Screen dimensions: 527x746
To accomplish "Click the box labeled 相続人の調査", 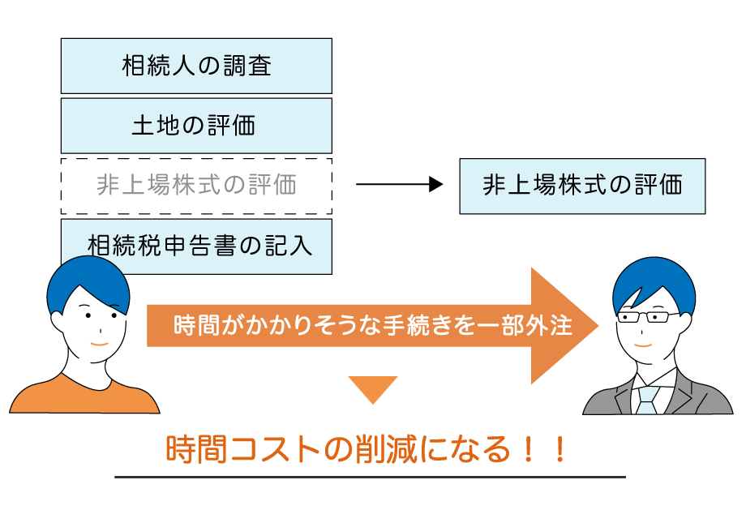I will pos(196,66).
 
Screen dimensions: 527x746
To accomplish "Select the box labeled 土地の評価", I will pos(196,126).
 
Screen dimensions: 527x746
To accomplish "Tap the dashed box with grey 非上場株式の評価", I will pos(196,186).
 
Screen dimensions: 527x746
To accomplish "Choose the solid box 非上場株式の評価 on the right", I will pos(582,186).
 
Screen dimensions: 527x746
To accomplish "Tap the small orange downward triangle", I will pos(372,388).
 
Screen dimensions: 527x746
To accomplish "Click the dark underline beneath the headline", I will pos(370,478).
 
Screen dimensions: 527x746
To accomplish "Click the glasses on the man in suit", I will pos(648,318).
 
